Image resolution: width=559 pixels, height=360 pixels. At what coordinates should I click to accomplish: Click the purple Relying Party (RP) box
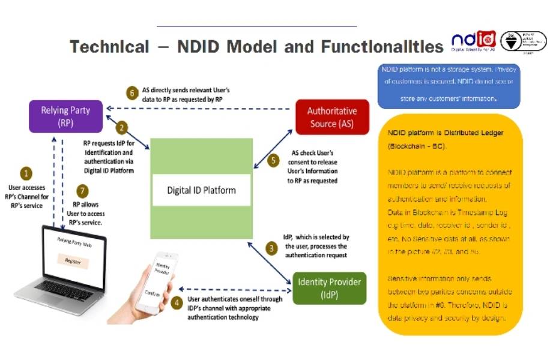coord(65,116)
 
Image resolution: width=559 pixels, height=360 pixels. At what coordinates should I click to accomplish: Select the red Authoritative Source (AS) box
coord(331,117)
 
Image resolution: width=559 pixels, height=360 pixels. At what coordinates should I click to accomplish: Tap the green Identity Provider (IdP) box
coord(329,288)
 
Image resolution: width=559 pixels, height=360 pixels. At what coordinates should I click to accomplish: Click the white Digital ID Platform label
coord(201,190)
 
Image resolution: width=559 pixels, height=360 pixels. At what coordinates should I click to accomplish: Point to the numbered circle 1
coord(26,173)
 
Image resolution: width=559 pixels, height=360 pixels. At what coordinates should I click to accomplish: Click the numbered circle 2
coord(121,127)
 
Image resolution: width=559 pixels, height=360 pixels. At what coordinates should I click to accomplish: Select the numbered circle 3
coord(272,247)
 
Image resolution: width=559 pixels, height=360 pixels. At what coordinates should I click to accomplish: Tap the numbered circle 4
coord(177,303)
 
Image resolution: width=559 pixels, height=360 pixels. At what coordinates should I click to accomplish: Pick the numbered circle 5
coord(274,160)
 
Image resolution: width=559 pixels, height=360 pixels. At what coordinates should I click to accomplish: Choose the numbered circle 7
coord(84,191)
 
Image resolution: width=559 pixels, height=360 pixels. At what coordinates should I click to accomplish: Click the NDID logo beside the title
coord(473,41)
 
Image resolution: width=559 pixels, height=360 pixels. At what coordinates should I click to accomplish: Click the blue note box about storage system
coord(449,86)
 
